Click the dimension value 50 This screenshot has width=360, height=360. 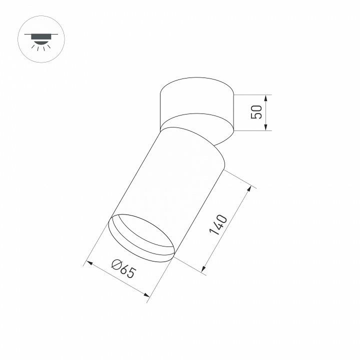click(x=256, y=112)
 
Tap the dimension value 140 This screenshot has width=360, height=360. click(x=218, y=225)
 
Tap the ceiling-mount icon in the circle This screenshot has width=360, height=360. click(x=41, y=39)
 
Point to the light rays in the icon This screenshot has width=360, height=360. click(x=41, y=46)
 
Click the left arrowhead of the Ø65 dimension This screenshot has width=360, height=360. click(x=89, y=262)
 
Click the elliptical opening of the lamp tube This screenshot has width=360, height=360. click(x=142, y=237)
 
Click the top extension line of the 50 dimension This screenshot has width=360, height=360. click(x=252, y=94)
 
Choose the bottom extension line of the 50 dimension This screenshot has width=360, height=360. click(x=252, y=131)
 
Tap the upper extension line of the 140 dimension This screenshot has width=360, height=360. click(x=239, y=179)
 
